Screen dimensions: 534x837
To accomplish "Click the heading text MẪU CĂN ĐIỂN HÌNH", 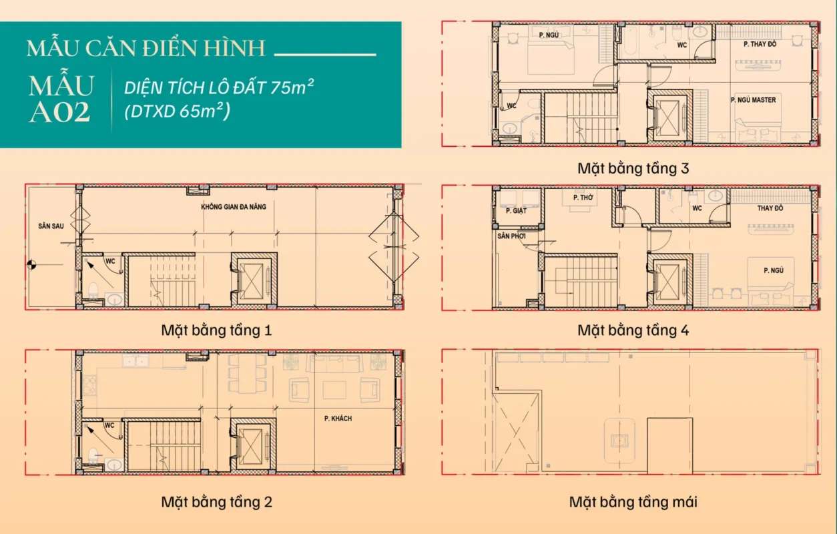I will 146,49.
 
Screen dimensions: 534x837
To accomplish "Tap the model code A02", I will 59,112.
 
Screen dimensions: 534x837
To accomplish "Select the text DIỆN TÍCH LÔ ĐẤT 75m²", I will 219,87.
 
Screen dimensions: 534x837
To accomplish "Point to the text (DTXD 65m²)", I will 178,111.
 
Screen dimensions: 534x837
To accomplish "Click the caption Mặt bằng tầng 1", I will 216,330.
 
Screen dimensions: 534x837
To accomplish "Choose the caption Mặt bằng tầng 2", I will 216,501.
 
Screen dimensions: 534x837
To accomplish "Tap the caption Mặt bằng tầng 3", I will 633,168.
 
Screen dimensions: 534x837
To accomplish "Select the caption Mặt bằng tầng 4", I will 633,330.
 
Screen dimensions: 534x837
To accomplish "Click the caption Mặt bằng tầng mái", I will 633,501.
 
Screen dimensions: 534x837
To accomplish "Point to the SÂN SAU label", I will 51,226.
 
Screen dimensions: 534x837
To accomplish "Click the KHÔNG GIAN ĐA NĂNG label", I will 234,207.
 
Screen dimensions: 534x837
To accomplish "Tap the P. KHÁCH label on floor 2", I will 338,419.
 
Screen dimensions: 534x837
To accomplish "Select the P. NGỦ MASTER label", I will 753,100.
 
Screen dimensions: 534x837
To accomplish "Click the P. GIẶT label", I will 516,211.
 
